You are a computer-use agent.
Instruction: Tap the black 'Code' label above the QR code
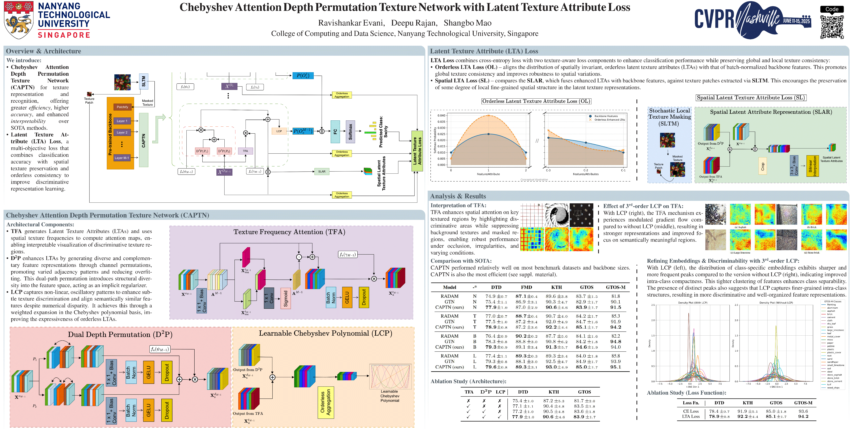(832, 9)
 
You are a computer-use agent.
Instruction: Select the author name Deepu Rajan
(414, 23)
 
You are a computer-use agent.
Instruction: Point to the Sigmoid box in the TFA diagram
(285, 298)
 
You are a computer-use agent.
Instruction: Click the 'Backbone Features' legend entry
(606, 116)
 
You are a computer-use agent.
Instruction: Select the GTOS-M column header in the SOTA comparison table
(615, 287)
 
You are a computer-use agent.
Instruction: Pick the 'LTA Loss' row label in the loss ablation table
(691, 416)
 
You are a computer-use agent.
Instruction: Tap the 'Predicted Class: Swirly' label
(383, 132)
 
